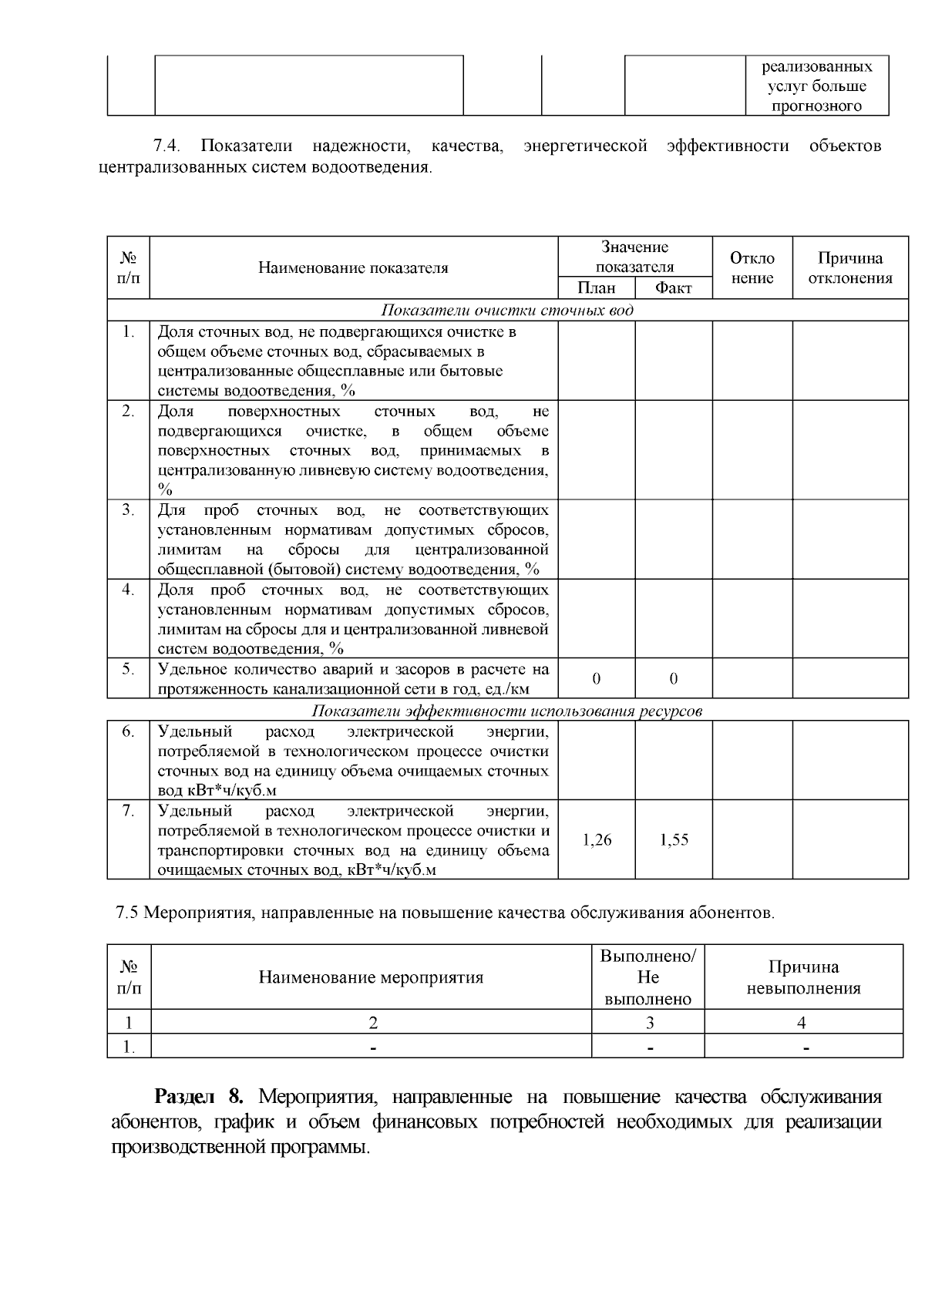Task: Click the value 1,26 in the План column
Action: pos(597,840)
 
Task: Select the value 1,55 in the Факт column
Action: pos(674,840)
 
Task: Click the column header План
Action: pos(597,288)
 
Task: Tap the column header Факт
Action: pos(673,288)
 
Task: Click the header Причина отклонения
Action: pos(849,268)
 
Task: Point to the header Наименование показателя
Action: pos(353,268)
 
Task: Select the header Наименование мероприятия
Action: pos(371,977)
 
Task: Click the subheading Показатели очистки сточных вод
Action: pos(507,311)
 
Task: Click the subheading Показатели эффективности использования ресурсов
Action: pos(507,711)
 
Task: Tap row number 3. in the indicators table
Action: pos(128,510)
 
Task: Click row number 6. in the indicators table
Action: pos(128,731)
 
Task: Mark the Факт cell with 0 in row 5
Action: pos(673,679)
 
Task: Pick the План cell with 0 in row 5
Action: pos(597,679)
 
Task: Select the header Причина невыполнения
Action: pos(803,977)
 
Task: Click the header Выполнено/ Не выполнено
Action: pos(648,977)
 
